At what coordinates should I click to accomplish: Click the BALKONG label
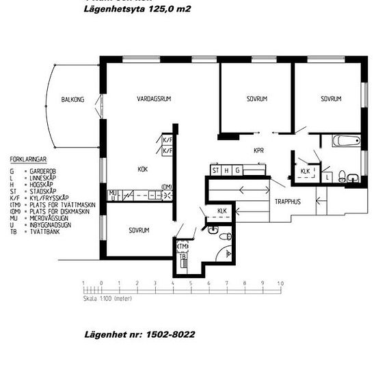tap(72, 100)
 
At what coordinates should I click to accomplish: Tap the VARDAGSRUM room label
tap(153, 99)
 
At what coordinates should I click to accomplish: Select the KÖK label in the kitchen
tap(143, 169)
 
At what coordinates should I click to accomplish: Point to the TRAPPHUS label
tap(288, 202)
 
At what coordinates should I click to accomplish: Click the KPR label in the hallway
tap(258, 150)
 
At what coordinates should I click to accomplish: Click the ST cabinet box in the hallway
tap(215, 170)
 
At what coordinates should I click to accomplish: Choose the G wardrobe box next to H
tap(237, 170)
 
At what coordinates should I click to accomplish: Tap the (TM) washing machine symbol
tap(183, 246)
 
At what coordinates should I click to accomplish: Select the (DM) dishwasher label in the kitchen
tap(166, 187)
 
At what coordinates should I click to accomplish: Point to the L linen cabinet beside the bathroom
tap(329, 176)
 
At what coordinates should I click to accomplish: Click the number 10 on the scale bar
tap(280, 282)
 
